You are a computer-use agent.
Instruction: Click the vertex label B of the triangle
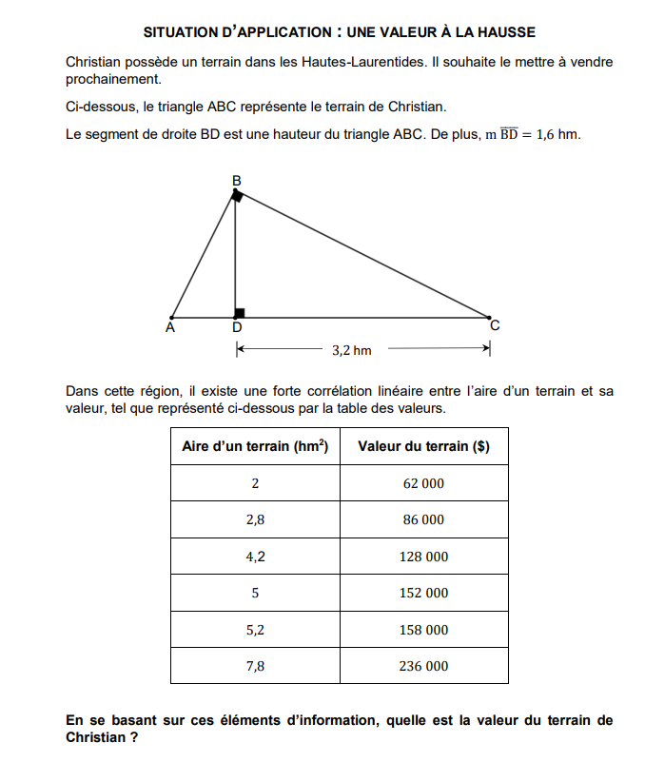click(237, 180)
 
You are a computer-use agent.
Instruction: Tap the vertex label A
click(170, 328)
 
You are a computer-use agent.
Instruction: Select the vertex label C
click(494, 326)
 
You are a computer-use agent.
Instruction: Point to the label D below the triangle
click(237, 328)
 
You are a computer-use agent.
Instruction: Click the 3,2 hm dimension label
click(351, 351)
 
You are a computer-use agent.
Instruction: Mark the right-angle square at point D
click(240, 312)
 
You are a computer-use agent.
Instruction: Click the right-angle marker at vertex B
click(238, 196)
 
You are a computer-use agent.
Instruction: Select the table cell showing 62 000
click(423, 483)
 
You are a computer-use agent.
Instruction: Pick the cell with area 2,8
click(255, 520)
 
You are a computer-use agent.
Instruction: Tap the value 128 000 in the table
click(423, 557)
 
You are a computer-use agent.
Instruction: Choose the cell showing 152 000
click(423, 593)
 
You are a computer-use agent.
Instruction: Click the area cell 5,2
click(255, 630)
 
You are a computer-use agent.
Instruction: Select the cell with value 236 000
click(423, 666)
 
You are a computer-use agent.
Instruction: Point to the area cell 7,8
click(255, 666)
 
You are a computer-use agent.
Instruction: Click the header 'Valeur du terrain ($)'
click(423, 447)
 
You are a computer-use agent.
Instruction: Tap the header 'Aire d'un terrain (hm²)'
click(255, 447)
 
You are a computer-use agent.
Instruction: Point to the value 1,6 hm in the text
click(557, 135)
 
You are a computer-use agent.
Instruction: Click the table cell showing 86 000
click(423, 520)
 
